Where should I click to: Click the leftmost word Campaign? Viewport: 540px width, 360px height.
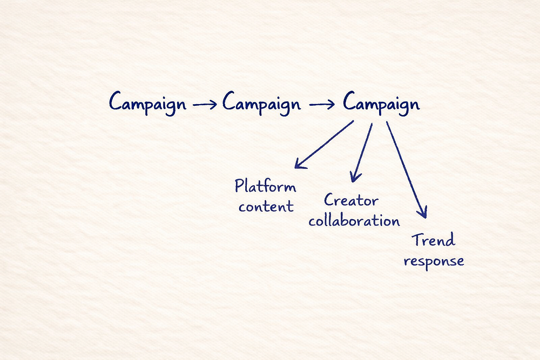pyautogui.click(x=147, y=103)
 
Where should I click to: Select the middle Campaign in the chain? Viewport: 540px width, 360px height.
pyautogui.click(x=261, y=103)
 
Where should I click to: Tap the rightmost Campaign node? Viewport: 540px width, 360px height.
pyautogui.click(x=381, y=103)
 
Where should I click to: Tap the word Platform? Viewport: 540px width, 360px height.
pyautogui.click(x=265, y=187)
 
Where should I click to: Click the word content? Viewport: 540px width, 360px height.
pyautogui.click(x=266, y=206)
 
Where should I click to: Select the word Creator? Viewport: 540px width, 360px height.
pyautogui.click(x=351, y=201)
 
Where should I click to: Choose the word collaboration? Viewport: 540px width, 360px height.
pyautogui.click(x=354, y=220)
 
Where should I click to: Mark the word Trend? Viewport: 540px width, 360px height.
pyautogui.click(x=434, y=240)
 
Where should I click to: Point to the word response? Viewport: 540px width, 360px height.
pyautogui.click(x=434, y=261)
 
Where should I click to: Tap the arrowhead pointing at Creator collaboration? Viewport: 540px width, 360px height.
pyautogui.click(x=354, y=176)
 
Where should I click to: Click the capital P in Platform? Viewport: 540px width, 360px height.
pyautogui.click(x=240, y=187)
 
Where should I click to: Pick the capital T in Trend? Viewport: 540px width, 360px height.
pyautogui.click(x=417, y=240)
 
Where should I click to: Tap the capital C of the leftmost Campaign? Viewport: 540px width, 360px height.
pyautogui.click(x=115, y=101)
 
